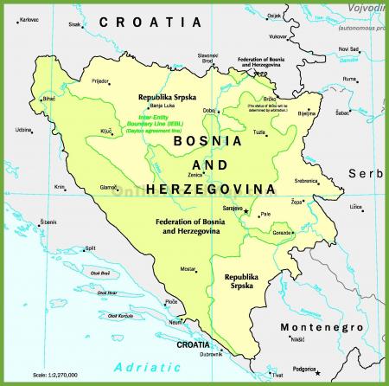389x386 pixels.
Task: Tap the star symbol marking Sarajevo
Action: coord(246,210)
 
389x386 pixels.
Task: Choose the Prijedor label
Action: coord(101,80)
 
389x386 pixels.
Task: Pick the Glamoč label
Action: coord(108,188)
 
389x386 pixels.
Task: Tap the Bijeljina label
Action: coord(307,113)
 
